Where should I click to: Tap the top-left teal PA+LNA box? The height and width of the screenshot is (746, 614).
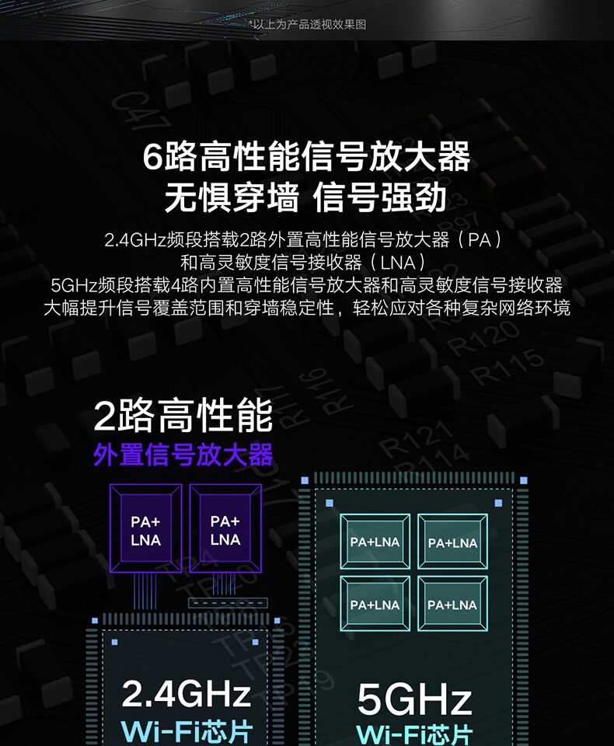[375, 542]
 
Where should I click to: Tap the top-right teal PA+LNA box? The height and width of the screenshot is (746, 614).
[452, 542]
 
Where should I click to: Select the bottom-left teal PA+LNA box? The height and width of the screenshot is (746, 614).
[375, 604]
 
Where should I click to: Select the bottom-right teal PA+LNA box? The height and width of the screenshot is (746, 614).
[452, 604]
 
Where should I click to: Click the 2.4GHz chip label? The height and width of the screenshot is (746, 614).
[187, 693]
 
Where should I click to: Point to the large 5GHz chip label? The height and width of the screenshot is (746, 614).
[414, 699]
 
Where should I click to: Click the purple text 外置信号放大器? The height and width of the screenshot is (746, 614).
[183, 455]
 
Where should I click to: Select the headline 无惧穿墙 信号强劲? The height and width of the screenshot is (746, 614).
[307, 197]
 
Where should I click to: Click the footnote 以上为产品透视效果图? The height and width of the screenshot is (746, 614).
[308, 24]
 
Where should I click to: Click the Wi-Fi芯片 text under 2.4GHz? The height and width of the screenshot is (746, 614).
[187, 732]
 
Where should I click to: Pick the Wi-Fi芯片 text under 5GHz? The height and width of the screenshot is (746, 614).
[414, 734]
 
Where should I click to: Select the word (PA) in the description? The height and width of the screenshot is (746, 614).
[480, 239]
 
